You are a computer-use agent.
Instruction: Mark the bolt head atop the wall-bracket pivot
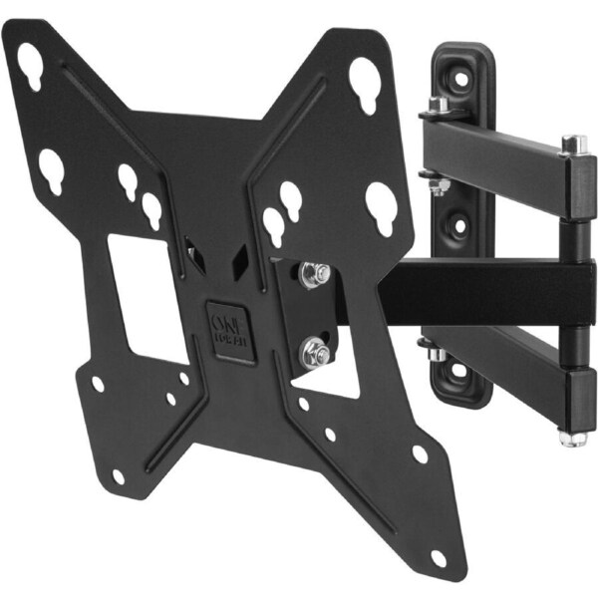point(437,105)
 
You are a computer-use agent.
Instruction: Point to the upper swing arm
point(498,164)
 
